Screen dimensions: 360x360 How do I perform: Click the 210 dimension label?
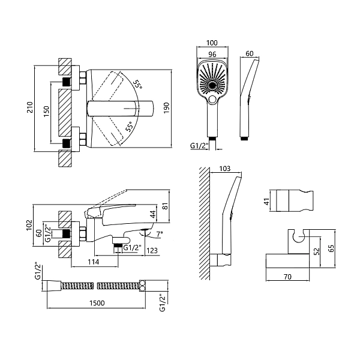coord(30,107)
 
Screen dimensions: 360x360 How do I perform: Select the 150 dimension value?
coord(47,111)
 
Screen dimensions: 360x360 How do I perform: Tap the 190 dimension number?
coord(166,107)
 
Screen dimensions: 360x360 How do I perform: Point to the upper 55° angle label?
coord(137,85)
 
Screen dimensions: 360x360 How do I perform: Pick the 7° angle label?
coord(160,234)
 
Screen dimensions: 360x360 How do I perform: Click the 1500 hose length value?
coord(97,303)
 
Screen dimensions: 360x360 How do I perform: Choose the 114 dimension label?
coord(93,262)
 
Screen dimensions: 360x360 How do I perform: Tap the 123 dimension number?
coord(152,250)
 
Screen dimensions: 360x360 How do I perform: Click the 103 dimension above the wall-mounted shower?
coord(224,169)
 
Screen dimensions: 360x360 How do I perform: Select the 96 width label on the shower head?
coord(212,55)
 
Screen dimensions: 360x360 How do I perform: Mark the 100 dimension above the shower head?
coord(212,43)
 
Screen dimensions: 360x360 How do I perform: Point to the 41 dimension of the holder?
coord(266,202)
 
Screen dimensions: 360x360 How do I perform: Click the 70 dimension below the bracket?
coord(287,277)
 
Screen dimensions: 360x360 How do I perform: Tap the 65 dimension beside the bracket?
coord(331,248)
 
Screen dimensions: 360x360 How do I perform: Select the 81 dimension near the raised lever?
coord(165,206)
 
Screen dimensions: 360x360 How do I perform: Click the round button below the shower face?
coord(212,99)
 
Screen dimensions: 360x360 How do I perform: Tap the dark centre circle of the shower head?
coord(212,86)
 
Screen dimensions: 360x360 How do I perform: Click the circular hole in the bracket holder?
coord(299,238)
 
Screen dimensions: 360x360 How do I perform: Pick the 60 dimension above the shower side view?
coord(250,53)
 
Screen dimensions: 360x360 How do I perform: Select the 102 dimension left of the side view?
coord(29,225)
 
